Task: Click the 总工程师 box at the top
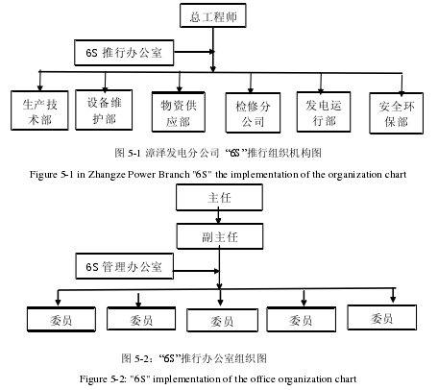pos(213,15)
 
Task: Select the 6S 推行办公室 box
pos(124,53)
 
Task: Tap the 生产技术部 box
pos(39,110)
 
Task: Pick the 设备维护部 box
pos(104,110)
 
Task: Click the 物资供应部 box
pos(179,111)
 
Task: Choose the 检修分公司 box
pos(253,112)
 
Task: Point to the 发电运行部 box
pos(324,111)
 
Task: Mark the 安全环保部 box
pos(397,113)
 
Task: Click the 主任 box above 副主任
pos(219,197)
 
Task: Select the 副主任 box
pos(220,236)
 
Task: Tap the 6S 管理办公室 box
pos(125,266)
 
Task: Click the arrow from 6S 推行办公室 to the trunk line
pos(194,52)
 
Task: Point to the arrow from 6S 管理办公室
pos(196,271)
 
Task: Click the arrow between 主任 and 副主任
pos(218,217)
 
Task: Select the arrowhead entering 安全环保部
pos(401,92)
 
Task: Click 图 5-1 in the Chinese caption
pos(128,153)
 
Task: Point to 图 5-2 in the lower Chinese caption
pos(135,358)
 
